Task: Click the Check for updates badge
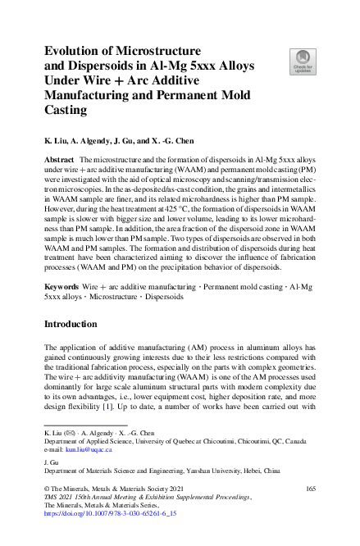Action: pos(303,61)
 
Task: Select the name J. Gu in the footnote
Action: pos(51,462)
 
